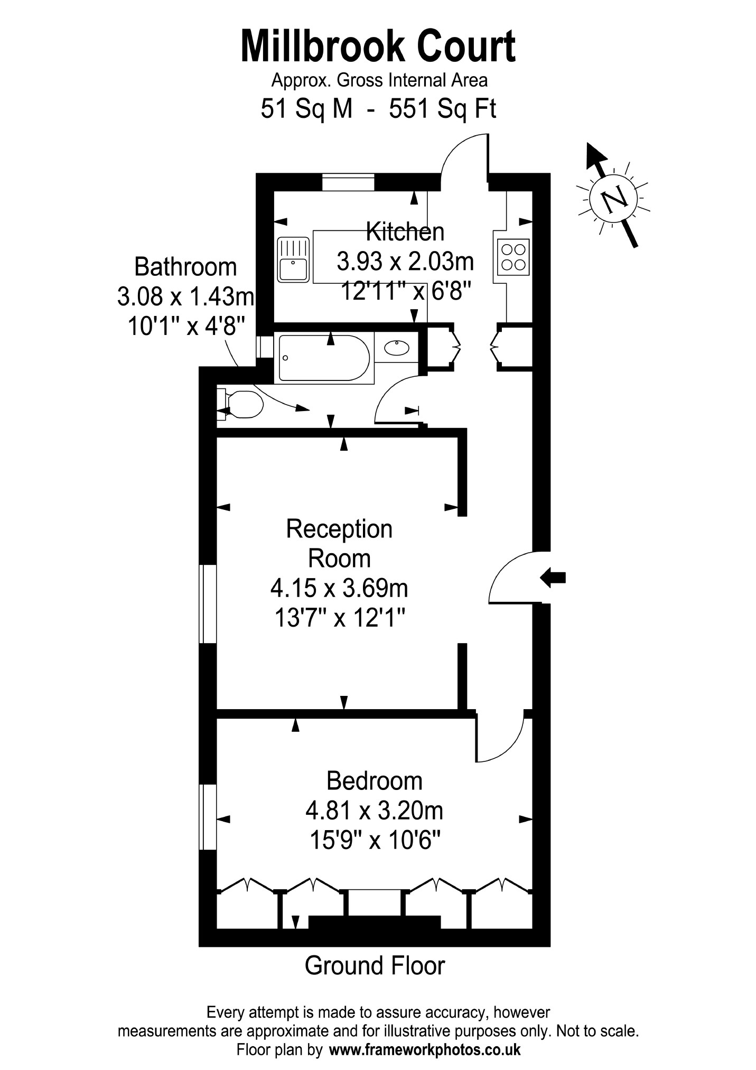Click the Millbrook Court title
[378, 47]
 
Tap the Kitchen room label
[405, 232]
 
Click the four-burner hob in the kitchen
[513, 257]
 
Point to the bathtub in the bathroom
[324, 358]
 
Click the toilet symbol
[241, 405]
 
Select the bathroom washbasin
[396, 347]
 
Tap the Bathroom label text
[185, 267]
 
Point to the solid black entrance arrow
[553, 578]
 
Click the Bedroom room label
[374, 780]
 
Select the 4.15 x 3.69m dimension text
[339, 588]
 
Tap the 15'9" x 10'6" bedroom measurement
[375, 839]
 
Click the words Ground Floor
[375, 965]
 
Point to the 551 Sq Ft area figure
[443, 109]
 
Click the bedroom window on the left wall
[208, 817]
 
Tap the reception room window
[208, 604]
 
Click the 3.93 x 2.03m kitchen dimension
[405, 261]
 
